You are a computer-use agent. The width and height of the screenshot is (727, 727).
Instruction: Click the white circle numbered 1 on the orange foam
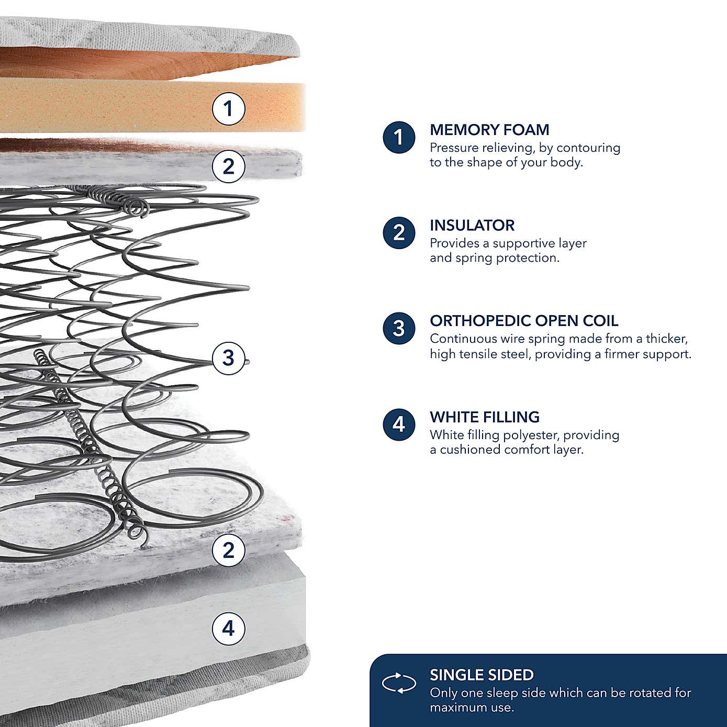pyautogui.click(x=228, y=109)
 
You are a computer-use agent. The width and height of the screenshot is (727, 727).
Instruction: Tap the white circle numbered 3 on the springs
pyautogui.click(x=228, y=358)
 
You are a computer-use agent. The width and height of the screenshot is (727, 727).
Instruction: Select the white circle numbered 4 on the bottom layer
pyautogui.click(x=228, y=628)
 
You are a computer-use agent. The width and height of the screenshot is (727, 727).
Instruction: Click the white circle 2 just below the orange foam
pyautogui.click(x=228, y=166)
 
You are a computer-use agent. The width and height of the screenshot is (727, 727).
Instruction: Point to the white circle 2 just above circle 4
pyautogui.click(x=228, y=550)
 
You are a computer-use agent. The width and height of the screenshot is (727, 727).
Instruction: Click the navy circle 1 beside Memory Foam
pyautogui.click(x=399, y=137)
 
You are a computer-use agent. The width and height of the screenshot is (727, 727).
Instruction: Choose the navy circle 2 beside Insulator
pyautogui.click(x=399, y=232)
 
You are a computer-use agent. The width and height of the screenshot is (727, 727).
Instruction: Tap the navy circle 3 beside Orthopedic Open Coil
pyautogui.click(x=399, y=328)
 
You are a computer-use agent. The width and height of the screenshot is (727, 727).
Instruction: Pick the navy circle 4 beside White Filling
pyautogui.click(x=399, y=424)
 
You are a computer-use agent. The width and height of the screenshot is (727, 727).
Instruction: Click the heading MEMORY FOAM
pyautogui.click(x=489, y=130)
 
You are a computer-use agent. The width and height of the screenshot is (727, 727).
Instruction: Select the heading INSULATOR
pyautogui.click(x=472, y=226)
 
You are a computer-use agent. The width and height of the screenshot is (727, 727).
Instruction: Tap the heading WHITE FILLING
pyautogui.click(x=485, y=417)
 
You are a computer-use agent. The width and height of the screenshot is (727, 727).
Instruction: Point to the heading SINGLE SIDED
pyautogui.click(x=482, y=675)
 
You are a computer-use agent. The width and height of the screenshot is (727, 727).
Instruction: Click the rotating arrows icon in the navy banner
pyautogui.click(x=399, y=683)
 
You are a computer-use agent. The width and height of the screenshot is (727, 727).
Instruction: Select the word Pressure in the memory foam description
pyautogui.click(x=454, y=148)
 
